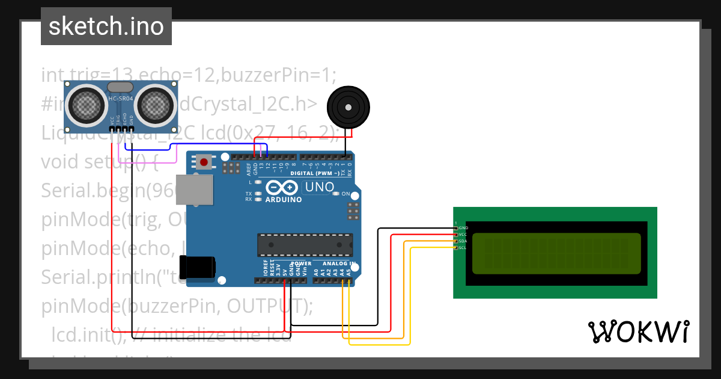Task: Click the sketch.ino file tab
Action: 106,26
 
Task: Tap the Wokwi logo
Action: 638,331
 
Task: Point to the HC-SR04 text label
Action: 121,98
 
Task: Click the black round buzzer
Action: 346,106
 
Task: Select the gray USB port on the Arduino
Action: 194,190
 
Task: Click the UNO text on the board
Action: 320,187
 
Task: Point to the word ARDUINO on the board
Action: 284,199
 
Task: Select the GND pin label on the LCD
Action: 463,228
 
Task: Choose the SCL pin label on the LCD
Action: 463,247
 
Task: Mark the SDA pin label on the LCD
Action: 463,241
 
